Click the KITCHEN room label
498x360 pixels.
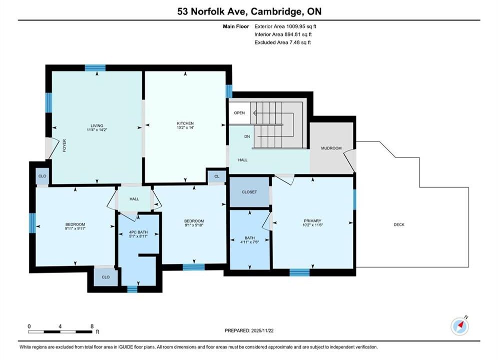[x=185, y=123]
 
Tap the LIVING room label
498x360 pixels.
[x=97, y=125]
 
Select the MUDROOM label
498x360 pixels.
[x=331, y=148]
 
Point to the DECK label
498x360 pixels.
[x=399, y=224]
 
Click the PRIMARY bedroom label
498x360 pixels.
[x=312, y=221]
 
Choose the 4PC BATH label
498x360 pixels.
[x=139, y=232]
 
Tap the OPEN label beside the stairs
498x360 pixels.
[x=239, y=113]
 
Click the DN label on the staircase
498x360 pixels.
[x=247, y=136]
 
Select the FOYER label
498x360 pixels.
[x=65, y=145]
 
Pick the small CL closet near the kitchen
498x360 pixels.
[x=217, y=176]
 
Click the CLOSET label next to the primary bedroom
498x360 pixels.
[x=249, y=192]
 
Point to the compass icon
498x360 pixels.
[x=459, y=325]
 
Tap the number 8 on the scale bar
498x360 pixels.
[x=92, y=326]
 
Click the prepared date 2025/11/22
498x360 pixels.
[x=262, y=330]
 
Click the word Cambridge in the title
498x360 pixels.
[x=276, y=11]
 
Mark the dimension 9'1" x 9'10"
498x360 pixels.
[x=194, y=225]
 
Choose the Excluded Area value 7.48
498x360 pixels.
[x=295, y=42]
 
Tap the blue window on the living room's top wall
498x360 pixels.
[x=95, y=68]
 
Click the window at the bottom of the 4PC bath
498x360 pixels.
[x=132, y=289]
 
